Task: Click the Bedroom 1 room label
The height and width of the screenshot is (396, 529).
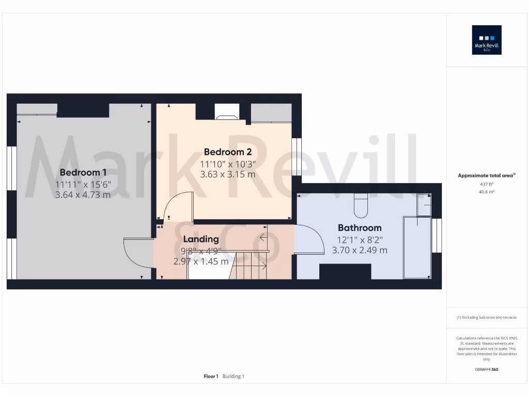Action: (x=83, y=172)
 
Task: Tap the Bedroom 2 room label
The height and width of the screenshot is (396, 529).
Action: (x=227, y=152)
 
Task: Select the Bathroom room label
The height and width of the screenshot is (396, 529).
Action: (x=360, y=227)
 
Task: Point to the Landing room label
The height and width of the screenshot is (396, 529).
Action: (x=201, y=239)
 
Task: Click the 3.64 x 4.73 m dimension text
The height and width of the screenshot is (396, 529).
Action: (x=83, y=195)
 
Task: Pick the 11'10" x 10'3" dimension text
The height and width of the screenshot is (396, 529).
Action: (x=227, y=164)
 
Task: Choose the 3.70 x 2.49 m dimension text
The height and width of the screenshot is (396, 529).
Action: (x=360, y=250)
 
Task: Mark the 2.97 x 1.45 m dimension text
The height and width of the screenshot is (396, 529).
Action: (x=201, y=261)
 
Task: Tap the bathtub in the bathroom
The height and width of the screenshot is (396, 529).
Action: (x=417, y=247)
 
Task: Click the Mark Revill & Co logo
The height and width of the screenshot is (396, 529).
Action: (x=487, y=40)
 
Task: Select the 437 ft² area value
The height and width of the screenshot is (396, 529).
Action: (x=487, y=184)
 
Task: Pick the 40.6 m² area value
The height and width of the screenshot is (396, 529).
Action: (x=487, y=192)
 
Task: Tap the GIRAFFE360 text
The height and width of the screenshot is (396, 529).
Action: (x=487, y=369)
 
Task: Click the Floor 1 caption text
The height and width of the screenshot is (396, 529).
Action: (x=211, y=376)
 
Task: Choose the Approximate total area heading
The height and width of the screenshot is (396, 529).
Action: (x=486, y=176)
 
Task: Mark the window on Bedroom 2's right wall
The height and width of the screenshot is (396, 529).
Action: (x=297, y=156)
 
